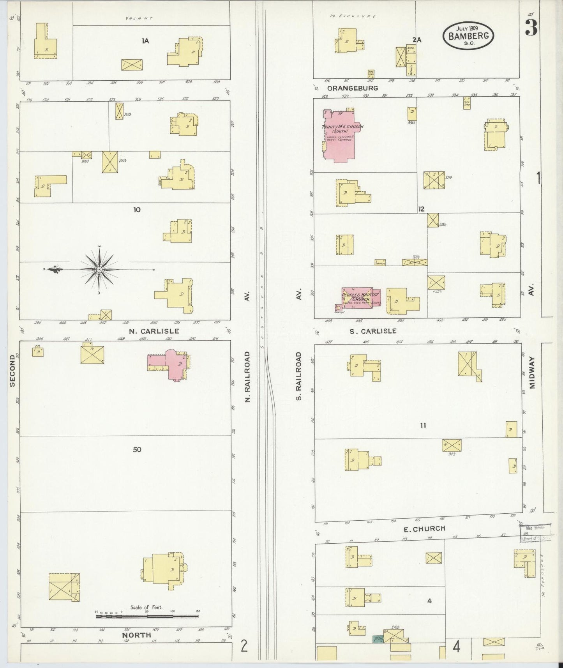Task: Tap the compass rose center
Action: pyautogui.click(x=99, y=269)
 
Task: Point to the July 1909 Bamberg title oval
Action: pyautogui.click(x=468, y=36)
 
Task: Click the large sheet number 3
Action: pyautogui.click(x=531, y=27)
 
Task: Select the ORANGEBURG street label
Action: pyautogui.click(x=353, y=88)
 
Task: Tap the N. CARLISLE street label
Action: pyautogui.click(x=154, y=331)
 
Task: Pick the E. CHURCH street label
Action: pyautogui.click(x=419, y=529)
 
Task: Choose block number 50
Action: pyautogui.click(x=137, y=449)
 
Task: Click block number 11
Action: pyautogui.click(x=423, y=425)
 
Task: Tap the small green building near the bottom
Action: pyautogui.click(x=378, y=640)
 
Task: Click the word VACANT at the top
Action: pyautogui.click(x=139, y=18)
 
